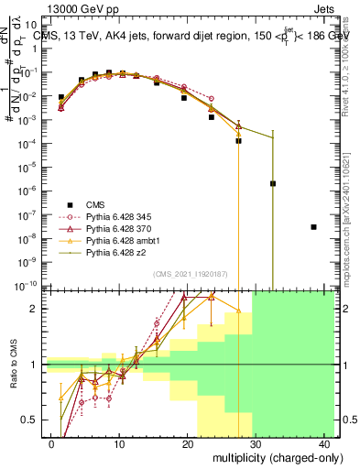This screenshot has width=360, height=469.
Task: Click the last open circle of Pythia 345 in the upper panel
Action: point(212,98)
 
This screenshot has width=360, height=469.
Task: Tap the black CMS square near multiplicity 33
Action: point(273,183)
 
